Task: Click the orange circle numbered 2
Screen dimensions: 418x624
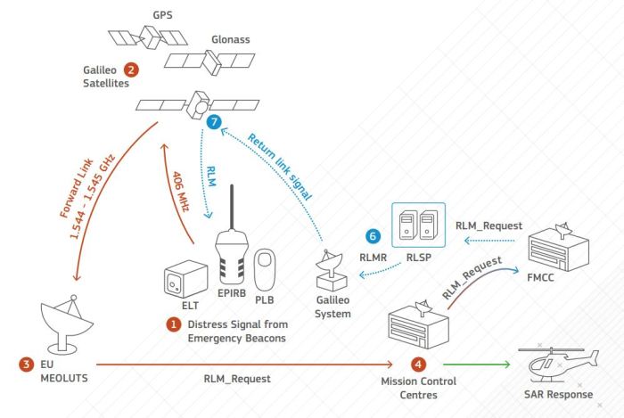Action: [131, 69]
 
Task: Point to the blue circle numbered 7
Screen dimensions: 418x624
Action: [211, 120]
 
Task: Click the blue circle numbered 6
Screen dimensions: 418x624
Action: [374, 236]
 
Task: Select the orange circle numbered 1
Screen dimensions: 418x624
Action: [174, 325]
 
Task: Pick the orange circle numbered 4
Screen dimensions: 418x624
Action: [418, 364]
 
